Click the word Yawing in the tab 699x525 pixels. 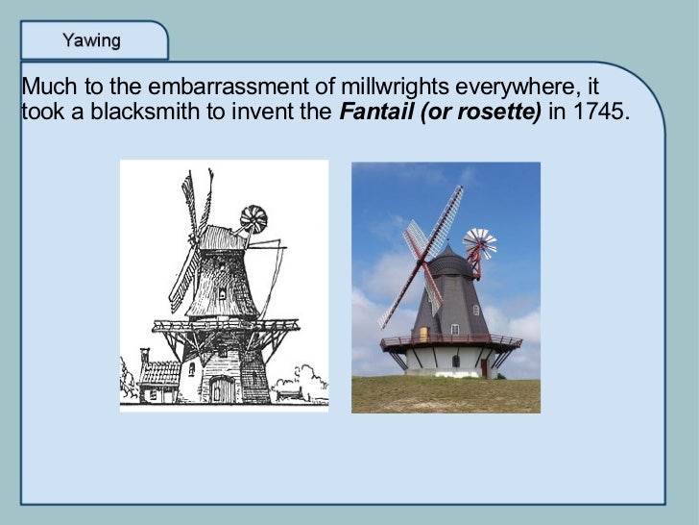point(91,40)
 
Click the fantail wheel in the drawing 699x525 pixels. point(254,219)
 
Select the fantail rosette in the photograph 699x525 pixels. point(479,244)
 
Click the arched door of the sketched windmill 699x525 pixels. point(222,388)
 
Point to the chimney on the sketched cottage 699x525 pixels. point(145,356)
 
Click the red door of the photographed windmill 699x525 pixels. point(484,366)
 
